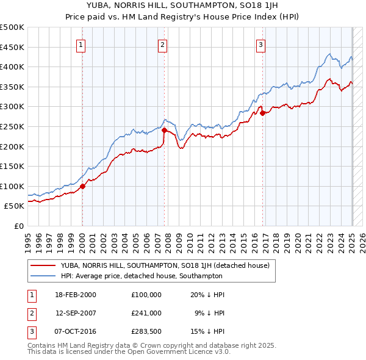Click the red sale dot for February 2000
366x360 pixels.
[83, 187]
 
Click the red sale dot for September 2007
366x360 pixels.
[165, 131]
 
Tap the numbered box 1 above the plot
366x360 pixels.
[81, 44]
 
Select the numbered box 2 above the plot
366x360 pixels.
[163, 44]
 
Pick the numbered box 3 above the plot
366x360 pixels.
[260, 44]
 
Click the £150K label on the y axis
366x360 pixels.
[12, 166]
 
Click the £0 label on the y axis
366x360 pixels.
[19, 226]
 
